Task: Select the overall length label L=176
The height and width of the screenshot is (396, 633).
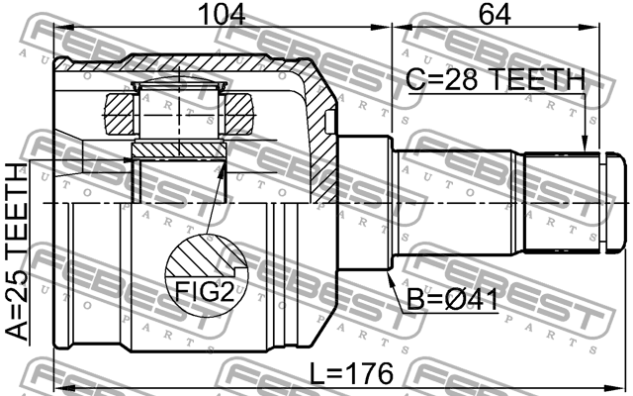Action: click(351, 373)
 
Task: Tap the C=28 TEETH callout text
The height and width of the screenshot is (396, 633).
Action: click(496, 79)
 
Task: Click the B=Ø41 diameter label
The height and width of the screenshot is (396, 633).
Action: click(452, 300)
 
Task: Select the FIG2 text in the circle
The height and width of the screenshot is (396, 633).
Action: click(205, 291)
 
